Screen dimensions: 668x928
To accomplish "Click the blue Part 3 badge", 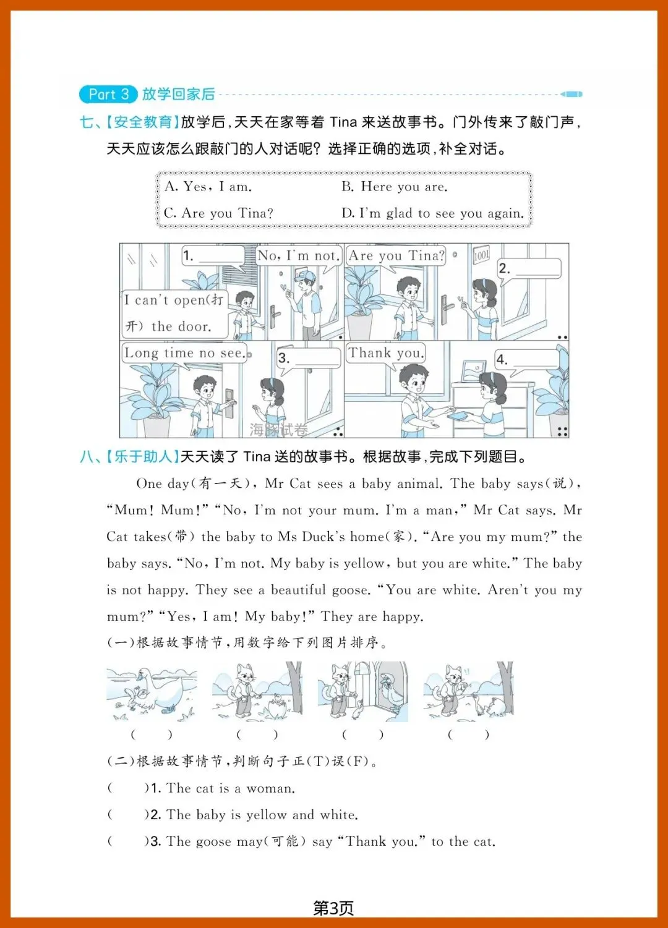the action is [x=108, y=95].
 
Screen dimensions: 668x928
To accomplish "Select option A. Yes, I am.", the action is [x=208, y=187].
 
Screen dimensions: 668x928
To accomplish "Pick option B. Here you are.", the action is [x=395, y=187].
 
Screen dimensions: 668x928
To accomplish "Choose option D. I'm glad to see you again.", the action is [x=432, y=213].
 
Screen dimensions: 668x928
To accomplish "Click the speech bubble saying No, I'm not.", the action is [x=299, y=255].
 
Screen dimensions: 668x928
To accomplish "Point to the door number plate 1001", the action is [x=482, y=254].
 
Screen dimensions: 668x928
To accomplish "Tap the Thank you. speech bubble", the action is [x=386, y=353].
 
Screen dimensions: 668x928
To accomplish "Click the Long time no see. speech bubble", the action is [x=185, y=353].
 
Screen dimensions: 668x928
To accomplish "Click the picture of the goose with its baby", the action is [x=152, y=691].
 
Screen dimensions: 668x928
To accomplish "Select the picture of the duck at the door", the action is [x=362, y=691].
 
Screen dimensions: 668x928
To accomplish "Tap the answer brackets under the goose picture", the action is [x=152, y=735].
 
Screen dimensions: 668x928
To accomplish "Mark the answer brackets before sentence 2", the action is [x=128, y=814].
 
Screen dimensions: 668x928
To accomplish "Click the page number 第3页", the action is [x=333, y=908].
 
